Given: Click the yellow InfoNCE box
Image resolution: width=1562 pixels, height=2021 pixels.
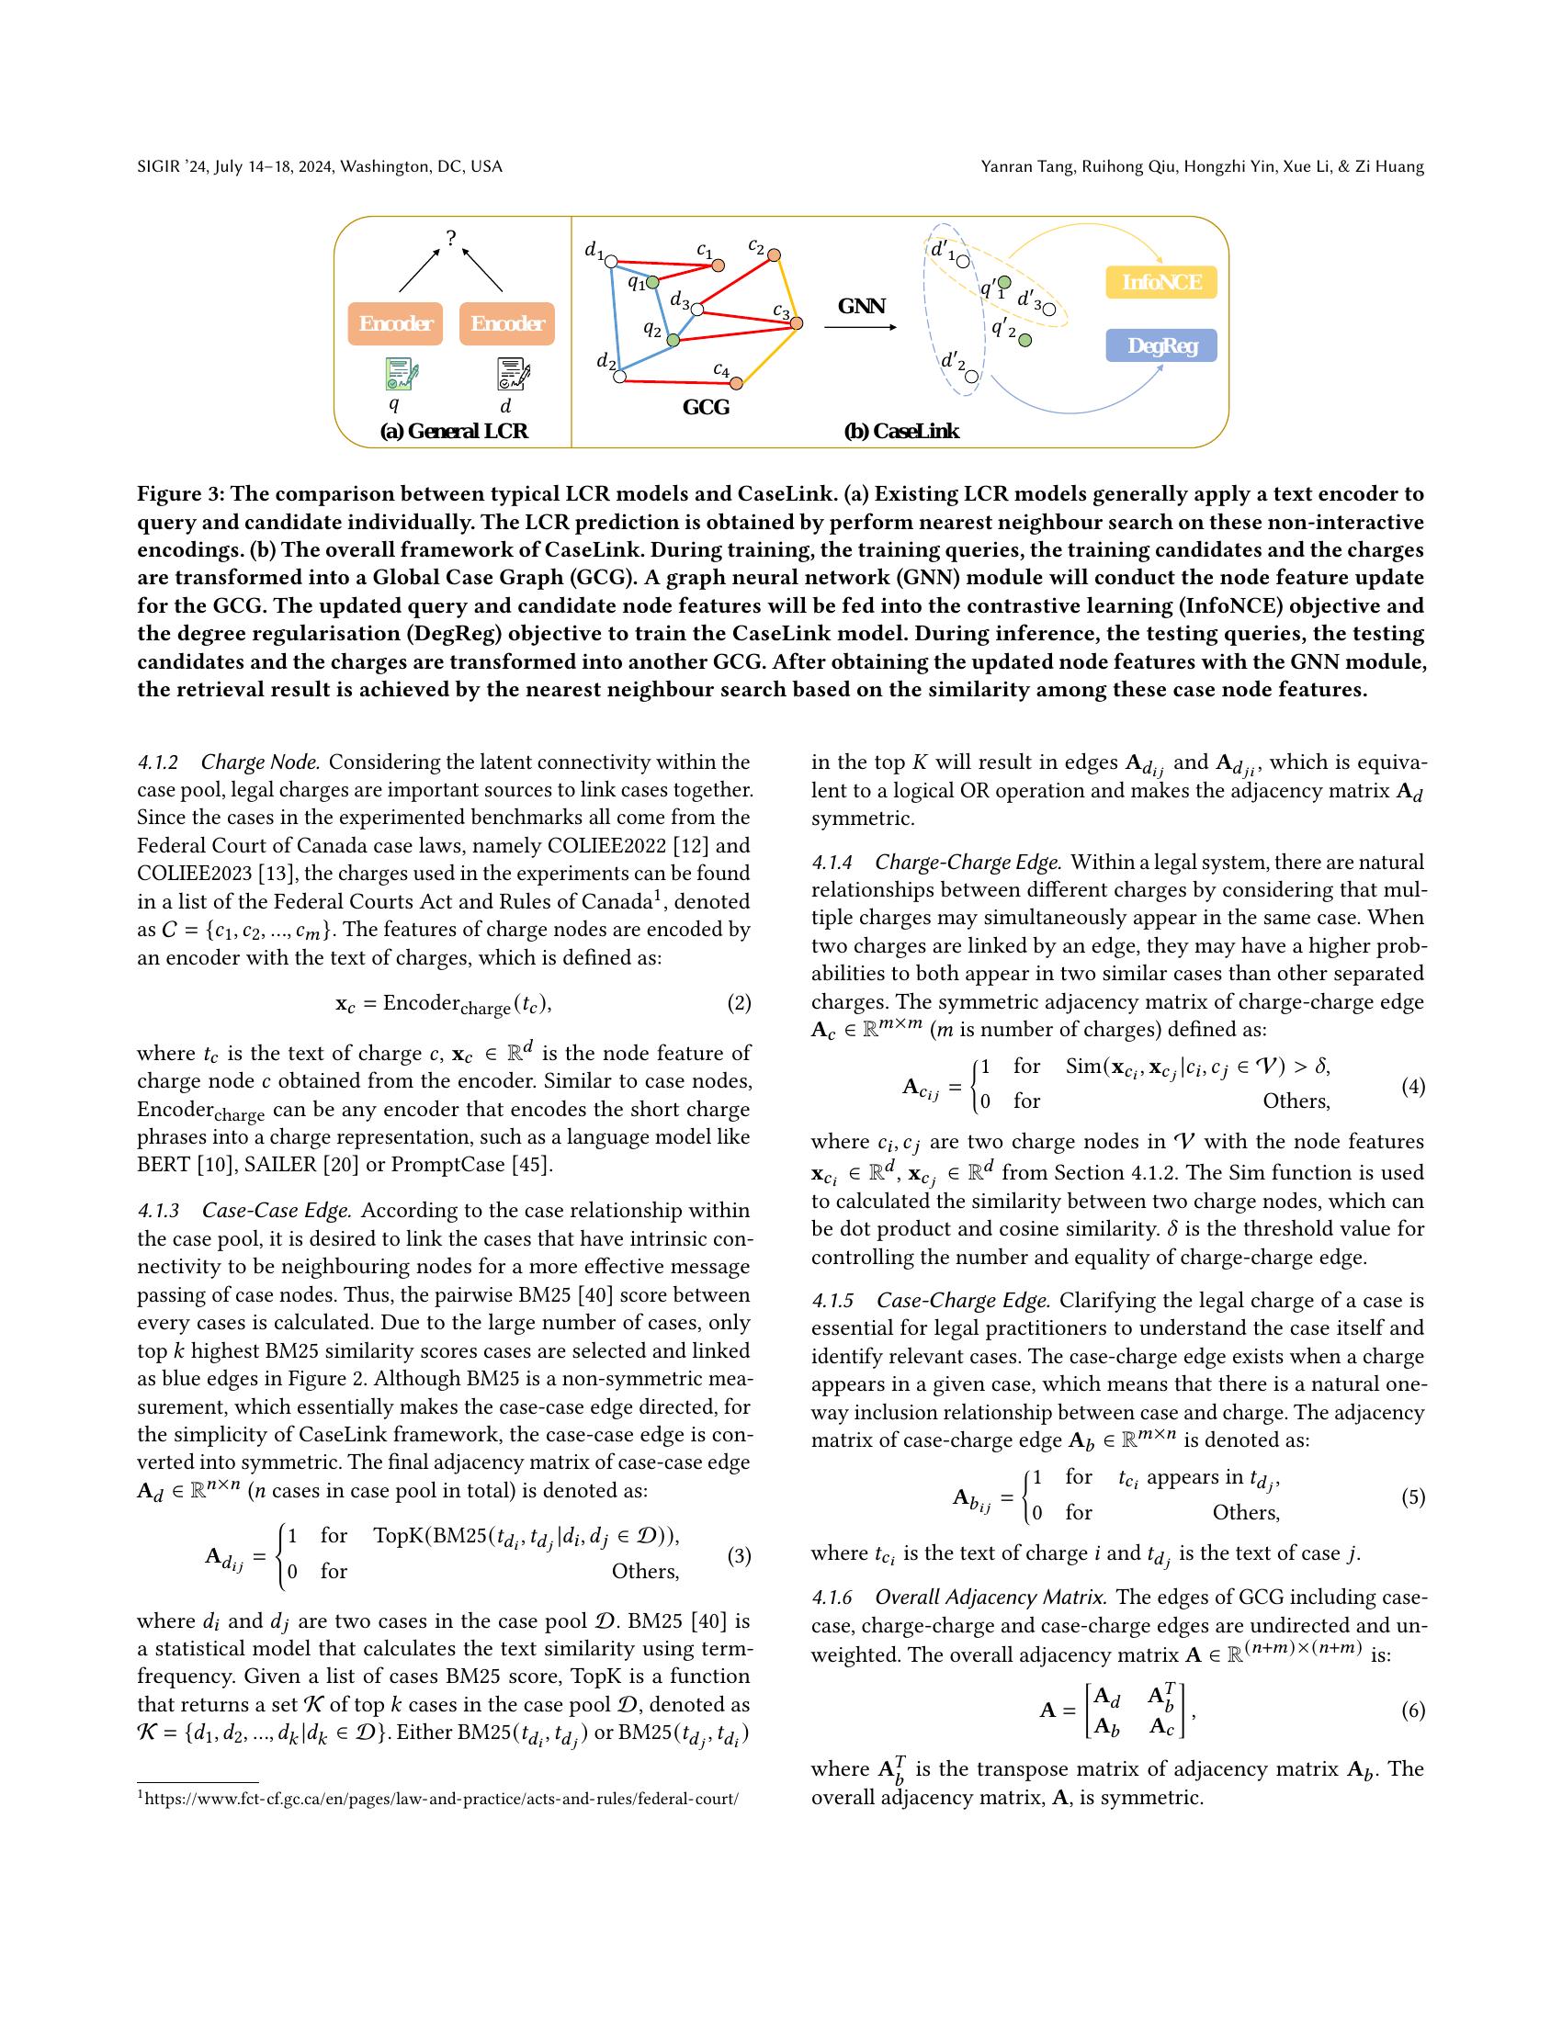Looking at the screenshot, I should tap(1160, 282).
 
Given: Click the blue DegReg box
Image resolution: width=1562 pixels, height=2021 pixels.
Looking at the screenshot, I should tap(1160, 346).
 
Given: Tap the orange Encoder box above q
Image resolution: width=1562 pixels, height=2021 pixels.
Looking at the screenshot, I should tap(395, 324).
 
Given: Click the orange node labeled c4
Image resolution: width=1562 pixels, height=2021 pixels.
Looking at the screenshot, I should tap(737, 382).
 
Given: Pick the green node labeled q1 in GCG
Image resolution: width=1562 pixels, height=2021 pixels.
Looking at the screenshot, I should tap(652, 281).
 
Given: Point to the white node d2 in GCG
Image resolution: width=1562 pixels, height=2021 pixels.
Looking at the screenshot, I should tap(620, 376).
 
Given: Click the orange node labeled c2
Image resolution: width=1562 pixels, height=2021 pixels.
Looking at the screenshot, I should tap(774, 254).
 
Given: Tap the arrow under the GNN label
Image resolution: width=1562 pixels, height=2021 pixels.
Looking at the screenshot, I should tap(860, 327).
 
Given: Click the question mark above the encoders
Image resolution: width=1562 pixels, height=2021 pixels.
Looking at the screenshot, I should tap(450, 239).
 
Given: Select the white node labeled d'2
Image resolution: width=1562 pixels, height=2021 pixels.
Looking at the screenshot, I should tap(970, 377).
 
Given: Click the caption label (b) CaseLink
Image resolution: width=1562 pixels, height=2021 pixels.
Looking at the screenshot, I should tap(900, 431).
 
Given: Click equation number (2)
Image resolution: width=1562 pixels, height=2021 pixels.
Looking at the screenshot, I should tap(739, 1003).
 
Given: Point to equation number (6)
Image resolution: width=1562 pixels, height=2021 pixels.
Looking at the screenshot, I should tap(1412, 1711).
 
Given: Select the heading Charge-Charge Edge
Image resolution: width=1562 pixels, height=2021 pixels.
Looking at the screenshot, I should tap(967, 863).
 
